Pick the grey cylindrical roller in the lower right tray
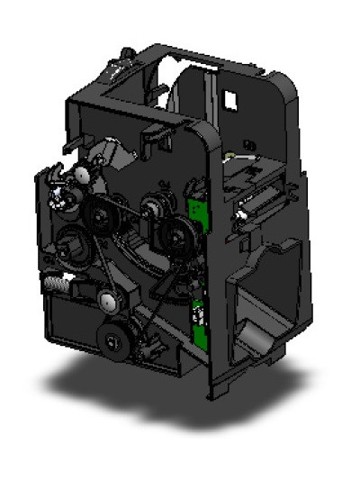[258, 340]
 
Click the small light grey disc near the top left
[79, 177]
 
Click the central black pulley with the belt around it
[100, 213]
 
